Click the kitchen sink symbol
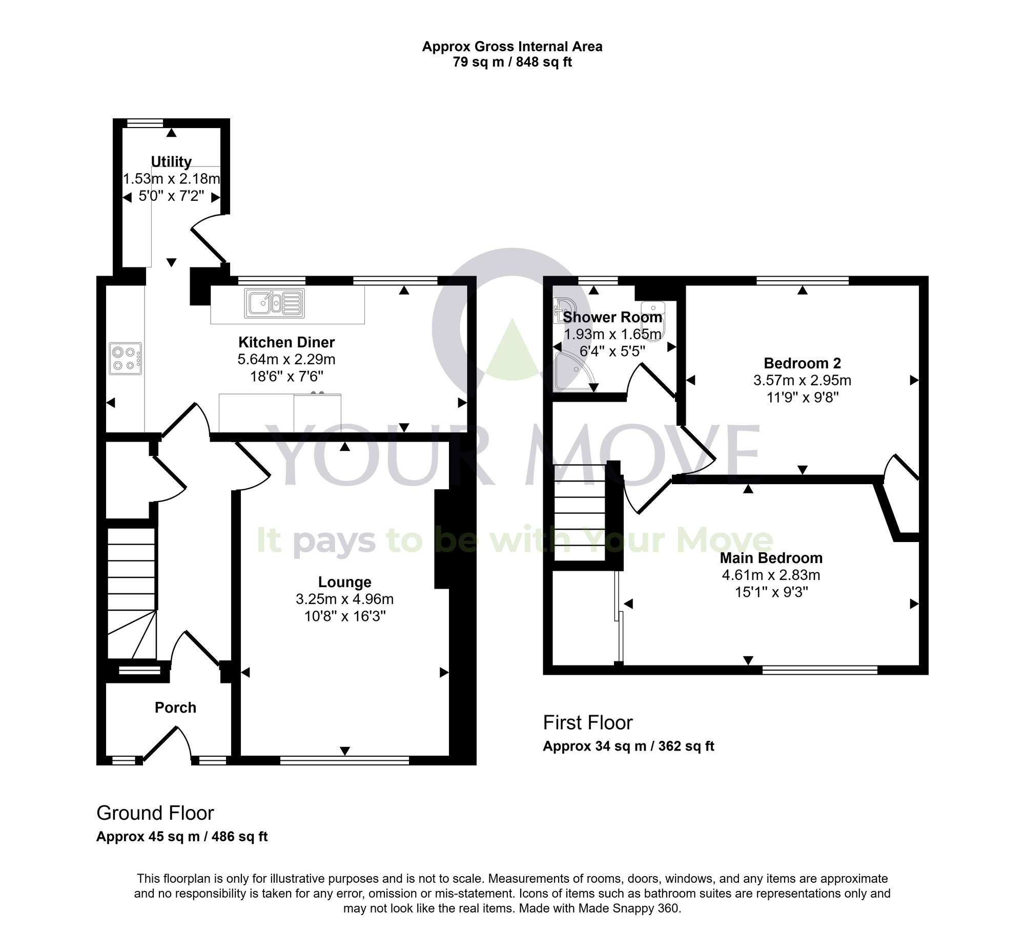pyautogui.click(x=275, y=302)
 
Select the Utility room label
pyautogui.click(x=171, y=162)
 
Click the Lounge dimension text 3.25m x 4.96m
pyautogui.click(x=344, y=599)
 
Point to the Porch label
pyautogui.click(x=175, y=708)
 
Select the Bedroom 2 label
pyautogui.click(x=802, y=363)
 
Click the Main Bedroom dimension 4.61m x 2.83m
pyautogui.click(x=771, y=575)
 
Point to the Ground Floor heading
pyautogui.click(x=155, y=813)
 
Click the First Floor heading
pyautogui.click(x=588, y=723)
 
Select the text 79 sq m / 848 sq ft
pyautogui.click(x=512, y=63)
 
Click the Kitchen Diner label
pyautogui.click(x=286, y=342)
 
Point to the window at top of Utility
pyautogui.click(x=145, y=123)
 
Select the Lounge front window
pyautogui.click(x=344, y=761)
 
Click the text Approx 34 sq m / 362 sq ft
pyautogui.click(x=628, y=746)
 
